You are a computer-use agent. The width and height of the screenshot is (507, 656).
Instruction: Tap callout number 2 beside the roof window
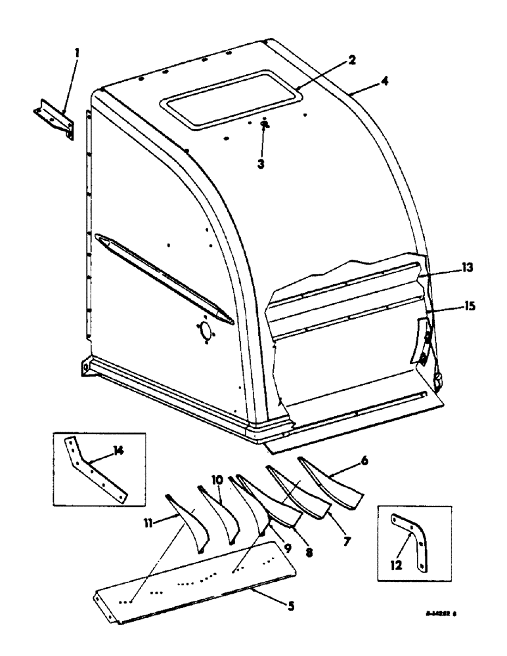(x=352, y=61)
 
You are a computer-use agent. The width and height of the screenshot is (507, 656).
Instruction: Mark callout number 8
(x=309, y=552)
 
